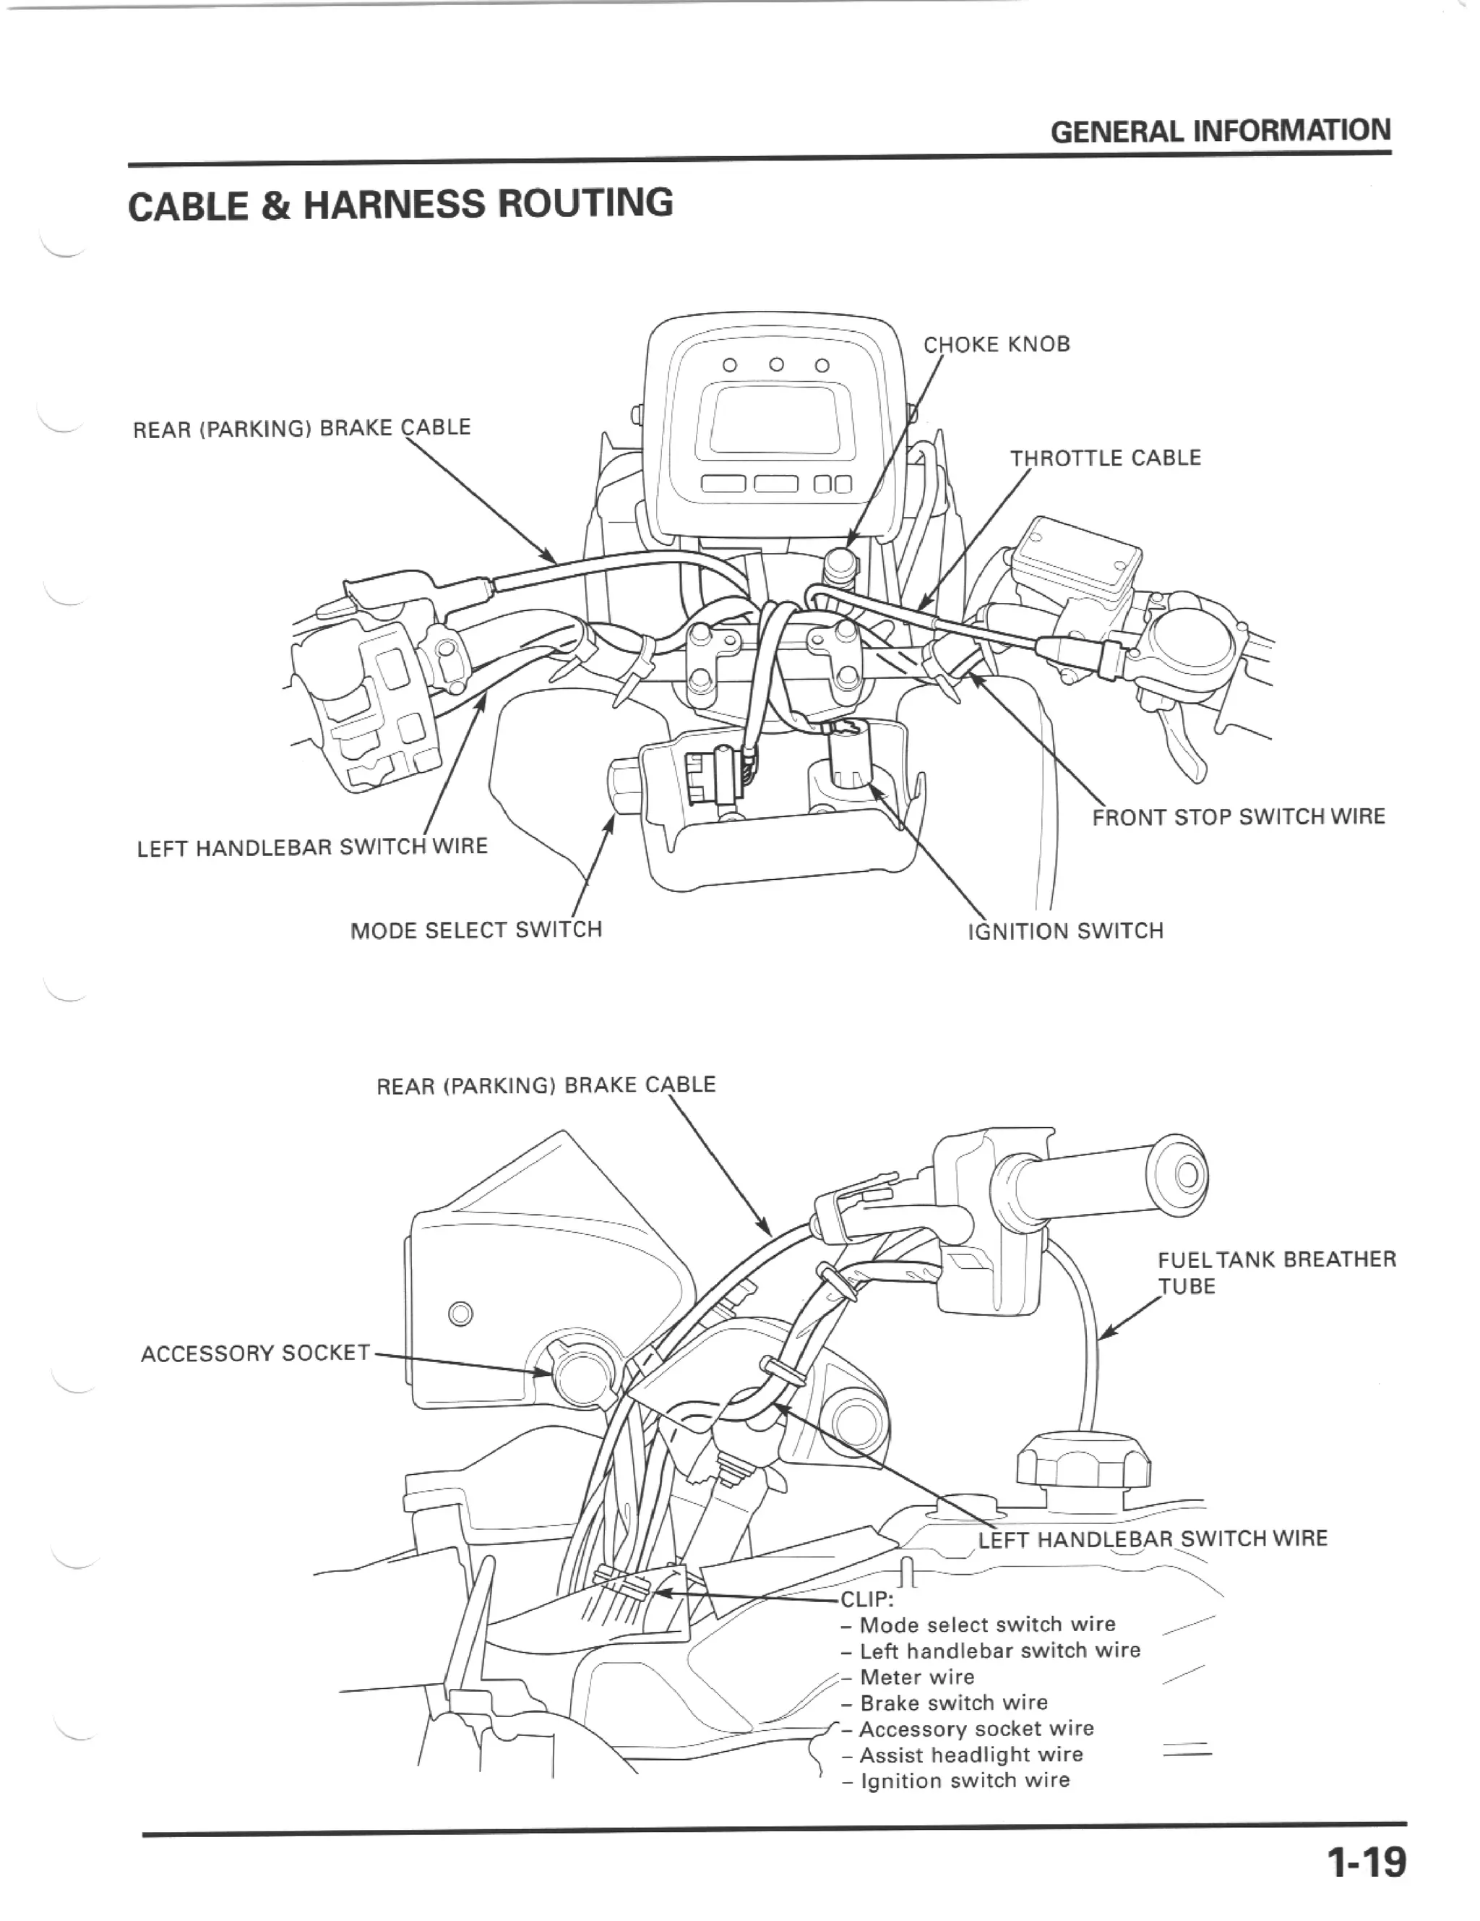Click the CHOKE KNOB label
[x=997, y=344]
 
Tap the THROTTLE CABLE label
[x=1104, y=458]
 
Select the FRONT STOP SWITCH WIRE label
[x=1238, y=817]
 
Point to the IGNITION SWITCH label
[x=1065, y=930]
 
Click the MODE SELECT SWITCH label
[x=476, y=930]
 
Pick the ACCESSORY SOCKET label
[x=255, y=1353]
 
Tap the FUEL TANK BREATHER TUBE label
[x=1276, y=1272]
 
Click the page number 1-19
[x=1366, y=1861]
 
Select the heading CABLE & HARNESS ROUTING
[x=400, y=204]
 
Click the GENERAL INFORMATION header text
[x=1221, y=132]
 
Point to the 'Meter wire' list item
[x=917, y=1677]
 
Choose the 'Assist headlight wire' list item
[x=971, y=1755]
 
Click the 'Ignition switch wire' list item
[x=965, y=1780]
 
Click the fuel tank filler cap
[x=1083, y=1462]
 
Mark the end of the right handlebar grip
[x=1188, y=1176]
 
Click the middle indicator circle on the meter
[x=775, y=364]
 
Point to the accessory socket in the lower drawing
[x=576, y=1370]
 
